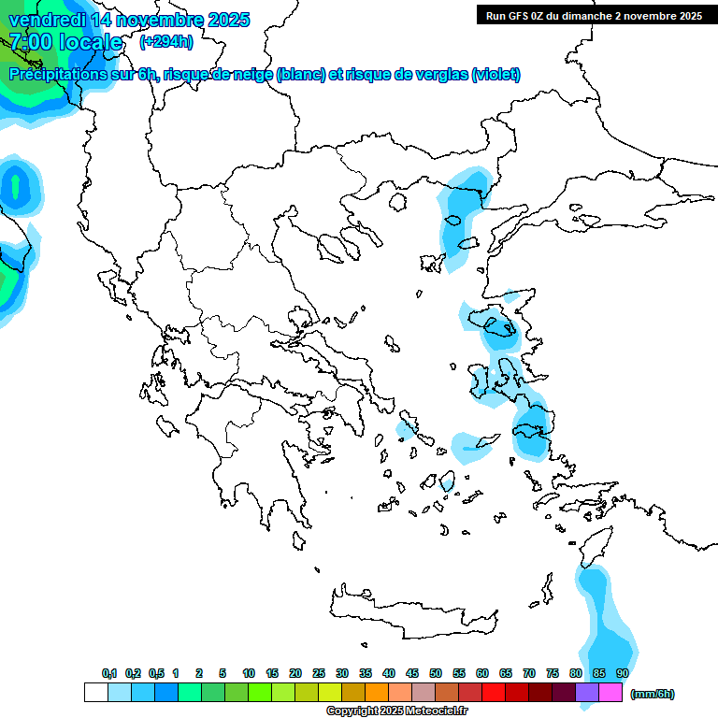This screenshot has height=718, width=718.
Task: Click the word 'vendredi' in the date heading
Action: tap(46, 20)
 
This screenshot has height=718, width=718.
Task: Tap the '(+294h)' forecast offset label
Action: tap(166, 41)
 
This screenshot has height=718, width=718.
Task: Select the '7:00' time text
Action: tap(30, 42)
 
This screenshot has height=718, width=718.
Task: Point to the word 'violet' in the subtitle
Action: tap(493, 75)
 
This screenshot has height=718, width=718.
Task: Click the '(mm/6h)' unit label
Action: tap(653, 694)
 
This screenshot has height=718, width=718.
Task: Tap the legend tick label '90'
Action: tap(623, 673)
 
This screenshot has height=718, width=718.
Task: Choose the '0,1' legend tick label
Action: tap(109, 673)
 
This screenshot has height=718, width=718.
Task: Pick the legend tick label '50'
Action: tap(436, 673)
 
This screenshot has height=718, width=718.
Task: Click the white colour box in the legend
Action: tap(95, 693)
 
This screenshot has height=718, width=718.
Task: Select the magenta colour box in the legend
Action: tap(610, 693)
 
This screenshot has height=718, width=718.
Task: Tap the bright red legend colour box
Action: tap(494, 693)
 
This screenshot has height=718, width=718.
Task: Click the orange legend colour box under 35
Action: tap(377, 693)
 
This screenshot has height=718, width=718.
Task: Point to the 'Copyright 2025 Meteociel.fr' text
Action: tap(396, 711)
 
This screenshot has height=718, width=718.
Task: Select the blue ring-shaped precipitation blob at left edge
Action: tap(16, 187)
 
